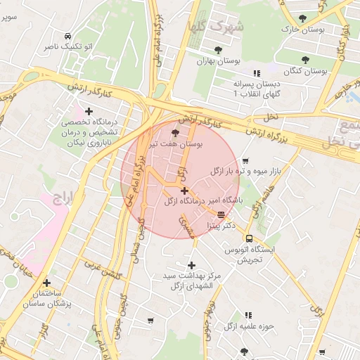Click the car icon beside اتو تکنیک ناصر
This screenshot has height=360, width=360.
click(67, 36)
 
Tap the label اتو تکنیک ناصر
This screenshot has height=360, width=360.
click(67, 46)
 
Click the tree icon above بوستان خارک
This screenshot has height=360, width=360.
click(303, 18)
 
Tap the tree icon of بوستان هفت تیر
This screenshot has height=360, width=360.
click(175, 132)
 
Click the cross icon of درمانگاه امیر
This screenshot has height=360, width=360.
click(184, 191)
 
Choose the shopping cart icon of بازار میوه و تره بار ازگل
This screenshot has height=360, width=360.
click(245, 161)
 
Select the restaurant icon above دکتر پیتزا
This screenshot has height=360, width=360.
click(221, 214)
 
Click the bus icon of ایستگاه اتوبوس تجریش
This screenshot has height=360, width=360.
click(249, 238)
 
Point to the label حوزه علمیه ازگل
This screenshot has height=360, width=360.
click(248, 326)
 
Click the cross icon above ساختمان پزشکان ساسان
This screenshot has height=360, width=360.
click(46, 283)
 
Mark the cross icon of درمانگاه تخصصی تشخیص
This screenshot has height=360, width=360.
click(89, 111)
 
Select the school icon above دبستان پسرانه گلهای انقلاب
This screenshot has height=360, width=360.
click(257, 72)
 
